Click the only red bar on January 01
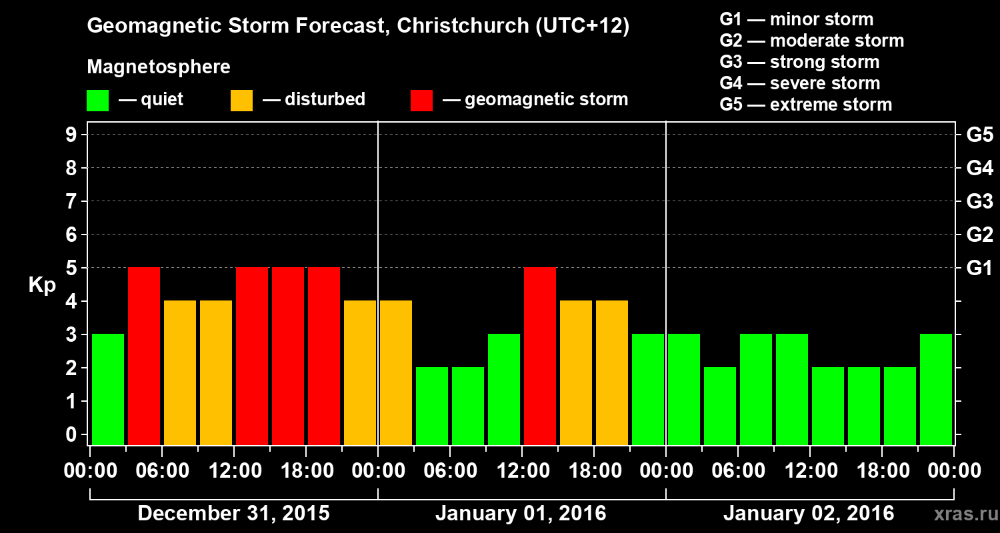point(540,356)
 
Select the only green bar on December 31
point(108,389)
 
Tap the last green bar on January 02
point(936,389)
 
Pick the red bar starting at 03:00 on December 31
point(144,356)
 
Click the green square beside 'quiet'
point(97,101)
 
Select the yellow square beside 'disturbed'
point(241,101)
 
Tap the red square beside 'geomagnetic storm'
point(421,101)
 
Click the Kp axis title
point(42,285)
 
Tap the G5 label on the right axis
point(979,135)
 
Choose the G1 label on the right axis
point(979,268)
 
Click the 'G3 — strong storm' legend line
point(799,62)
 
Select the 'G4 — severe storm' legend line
point(800,83)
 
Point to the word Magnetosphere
point(159,67)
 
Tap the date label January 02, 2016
point(809,514)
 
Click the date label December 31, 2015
point(233,514)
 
